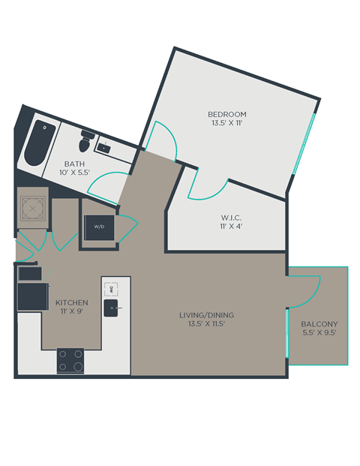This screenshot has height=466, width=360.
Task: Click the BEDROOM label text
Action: tap(226, 114)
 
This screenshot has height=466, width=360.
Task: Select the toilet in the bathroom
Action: tap(86, 139)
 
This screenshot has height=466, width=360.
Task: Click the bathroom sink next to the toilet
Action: tap(106, 148)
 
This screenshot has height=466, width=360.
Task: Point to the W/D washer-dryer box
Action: tap(99, 226)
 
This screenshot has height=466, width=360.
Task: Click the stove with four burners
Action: tap(70, 361)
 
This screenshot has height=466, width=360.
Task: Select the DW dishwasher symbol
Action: tap(109, 287)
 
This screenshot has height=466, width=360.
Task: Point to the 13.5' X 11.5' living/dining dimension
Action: tap(202, 324)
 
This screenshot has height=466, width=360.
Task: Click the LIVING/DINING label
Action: tap(202, 314)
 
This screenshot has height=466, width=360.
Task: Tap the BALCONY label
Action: tap(319, 324)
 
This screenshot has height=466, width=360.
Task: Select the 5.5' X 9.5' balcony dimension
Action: tap(319, 334)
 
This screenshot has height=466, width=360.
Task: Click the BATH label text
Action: tap(74, 163)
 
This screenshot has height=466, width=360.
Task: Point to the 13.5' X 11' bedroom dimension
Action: tap(226, 124)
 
